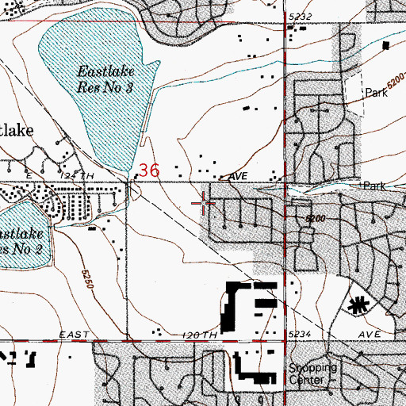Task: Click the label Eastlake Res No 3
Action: (x=104, y=79)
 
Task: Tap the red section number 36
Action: (x=148, y=169)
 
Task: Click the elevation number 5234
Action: (x=301, y=335)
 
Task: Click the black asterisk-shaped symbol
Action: (x=360, y=304)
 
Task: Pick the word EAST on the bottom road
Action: (x=69, y=335)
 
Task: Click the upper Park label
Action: (x=374, y=93)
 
